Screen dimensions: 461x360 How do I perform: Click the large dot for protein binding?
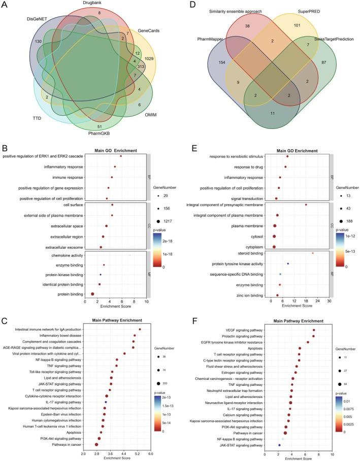[92, 294]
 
